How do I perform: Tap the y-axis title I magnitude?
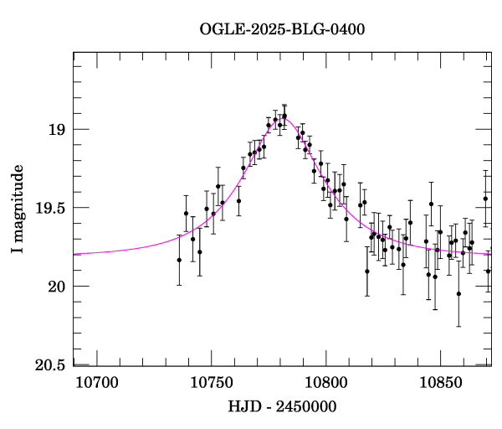18,209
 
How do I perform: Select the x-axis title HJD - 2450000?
282,407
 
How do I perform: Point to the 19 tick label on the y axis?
57,130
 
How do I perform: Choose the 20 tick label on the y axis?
57,287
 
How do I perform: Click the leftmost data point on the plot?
179,260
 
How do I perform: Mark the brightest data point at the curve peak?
284,116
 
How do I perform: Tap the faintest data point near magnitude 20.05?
458,293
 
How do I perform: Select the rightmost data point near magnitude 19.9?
488,271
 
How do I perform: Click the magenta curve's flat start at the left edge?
77,253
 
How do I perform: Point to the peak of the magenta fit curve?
284,118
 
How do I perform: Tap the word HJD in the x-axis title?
243,407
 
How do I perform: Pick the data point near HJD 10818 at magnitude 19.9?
366,271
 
